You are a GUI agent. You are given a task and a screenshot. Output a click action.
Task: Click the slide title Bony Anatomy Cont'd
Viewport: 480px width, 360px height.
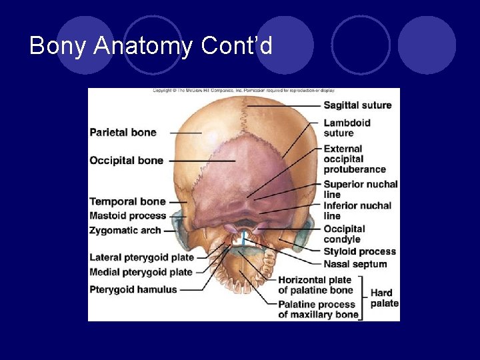pos(151,45)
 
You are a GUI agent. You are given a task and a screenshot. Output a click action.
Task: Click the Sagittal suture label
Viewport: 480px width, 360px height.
pos(357,105)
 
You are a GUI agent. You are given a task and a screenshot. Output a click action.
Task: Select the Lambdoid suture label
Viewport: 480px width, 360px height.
pos(347,128)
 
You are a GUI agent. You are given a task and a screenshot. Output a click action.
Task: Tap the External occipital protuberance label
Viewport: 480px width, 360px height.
pos(354,159)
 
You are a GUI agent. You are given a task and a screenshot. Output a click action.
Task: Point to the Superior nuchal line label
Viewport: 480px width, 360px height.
pos(360,189)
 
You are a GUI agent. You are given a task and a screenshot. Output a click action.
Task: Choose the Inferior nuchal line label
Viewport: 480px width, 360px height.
pos(357,211)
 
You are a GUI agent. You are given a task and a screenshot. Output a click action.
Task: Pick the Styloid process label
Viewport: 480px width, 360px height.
pos(359,252)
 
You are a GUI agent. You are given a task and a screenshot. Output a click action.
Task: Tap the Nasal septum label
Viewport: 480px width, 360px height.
pos(355,264)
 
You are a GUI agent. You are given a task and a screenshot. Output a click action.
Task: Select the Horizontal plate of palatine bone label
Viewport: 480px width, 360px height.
pos(315,285)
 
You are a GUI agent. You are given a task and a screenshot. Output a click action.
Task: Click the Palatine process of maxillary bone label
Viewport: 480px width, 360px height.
pos(318,309)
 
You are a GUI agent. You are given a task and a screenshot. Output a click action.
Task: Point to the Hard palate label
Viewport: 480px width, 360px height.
pos(384,298)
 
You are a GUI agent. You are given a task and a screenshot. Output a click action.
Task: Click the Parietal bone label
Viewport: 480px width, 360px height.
pos(123,133)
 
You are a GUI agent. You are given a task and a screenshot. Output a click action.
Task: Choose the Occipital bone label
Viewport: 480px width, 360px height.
pos(126,161)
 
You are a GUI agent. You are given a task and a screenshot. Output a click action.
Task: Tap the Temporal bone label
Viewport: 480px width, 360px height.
pos(127,201)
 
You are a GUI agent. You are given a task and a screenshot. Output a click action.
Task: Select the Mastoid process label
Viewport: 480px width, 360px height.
pos(127,216)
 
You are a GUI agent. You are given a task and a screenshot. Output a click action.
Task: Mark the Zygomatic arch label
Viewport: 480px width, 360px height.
pos(125,231)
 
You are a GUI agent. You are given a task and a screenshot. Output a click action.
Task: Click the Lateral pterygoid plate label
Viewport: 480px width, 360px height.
pos(141,257)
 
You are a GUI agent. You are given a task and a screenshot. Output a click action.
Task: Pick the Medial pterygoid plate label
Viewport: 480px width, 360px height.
pos(141,272)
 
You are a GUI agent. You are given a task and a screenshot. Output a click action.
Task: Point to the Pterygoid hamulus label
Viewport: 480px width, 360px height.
pos(133,289)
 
